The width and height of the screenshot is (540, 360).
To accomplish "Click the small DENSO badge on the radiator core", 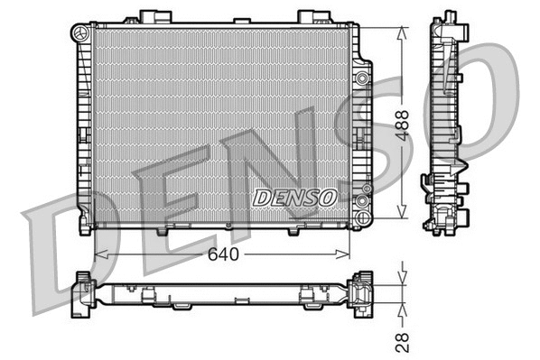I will click(x=294, y=196).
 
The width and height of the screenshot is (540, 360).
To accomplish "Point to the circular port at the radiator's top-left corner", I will click(x=79, y=32).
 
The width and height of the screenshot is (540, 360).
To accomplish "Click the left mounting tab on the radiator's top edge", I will click(x=149, y=16).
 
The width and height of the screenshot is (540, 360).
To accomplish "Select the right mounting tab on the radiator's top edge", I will click(x=310, y=16).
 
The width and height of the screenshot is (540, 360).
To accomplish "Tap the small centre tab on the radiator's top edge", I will click(x=241, y=21).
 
